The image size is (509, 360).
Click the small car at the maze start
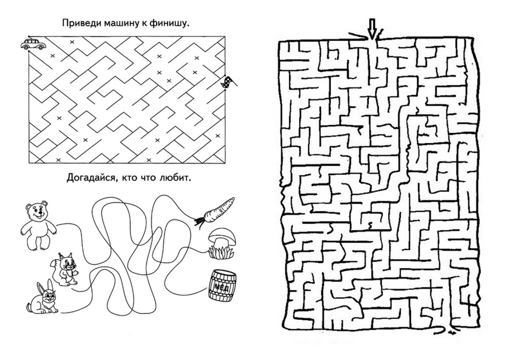[x=32, y=44]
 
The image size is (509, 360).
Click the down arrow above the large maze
[x=372, y=30]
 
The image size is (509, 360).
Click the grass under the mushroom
[x=220, y=252]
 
